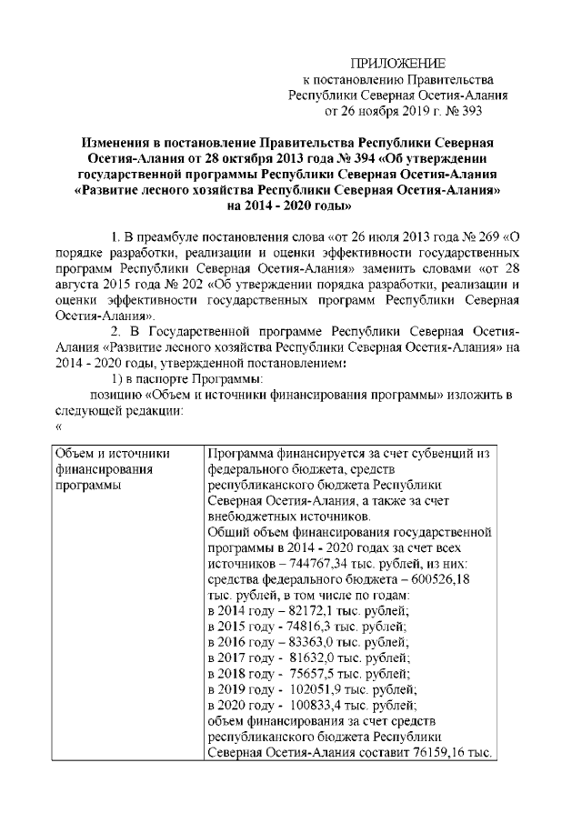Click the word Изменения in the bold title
click(117, 144)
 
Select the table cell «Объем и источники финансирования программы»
click(108, 469)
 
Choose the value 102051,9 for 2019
click(312, 689)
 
